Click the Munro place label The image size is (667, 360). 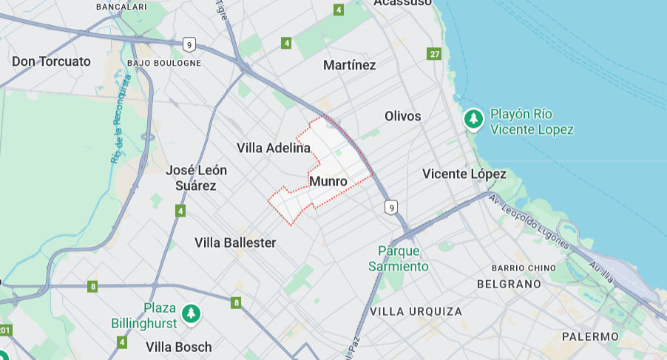[x=328, y=181]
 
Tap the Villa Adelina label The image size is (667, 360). [x=274, y=148]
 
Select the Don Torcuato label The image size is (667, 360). [x=51, y=61]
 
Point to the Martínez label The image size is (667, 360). [x=350, y=65]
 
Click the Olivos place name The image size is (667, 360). [x=403, y=116]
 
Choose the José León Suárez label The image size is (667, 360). [x=196, y=177]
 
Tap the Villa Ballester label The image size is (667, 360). [x=235, y=242]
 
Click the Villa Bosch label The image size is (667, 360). [x=178, y=347]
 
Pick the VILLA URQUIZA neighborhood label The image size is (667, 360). [x=416, y=311]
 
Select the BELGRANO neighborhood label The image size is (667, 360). [x=509, y=284]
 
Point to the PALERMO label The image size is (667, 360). [x=590, y=336]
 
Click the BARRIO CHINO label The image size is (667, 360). [x=524, y=268]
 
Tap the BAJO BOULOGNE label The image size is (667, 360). [x=164, y=63]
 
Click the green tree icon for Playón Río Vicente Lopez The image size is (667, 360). [x=473, y=118]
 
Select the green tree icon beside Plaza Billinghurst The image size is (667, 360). [x=192, y=313]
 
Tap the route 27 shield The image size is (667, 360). [x=434, y=53]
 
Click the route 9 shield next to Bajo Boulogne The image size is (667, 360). [x=190, y=44]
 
